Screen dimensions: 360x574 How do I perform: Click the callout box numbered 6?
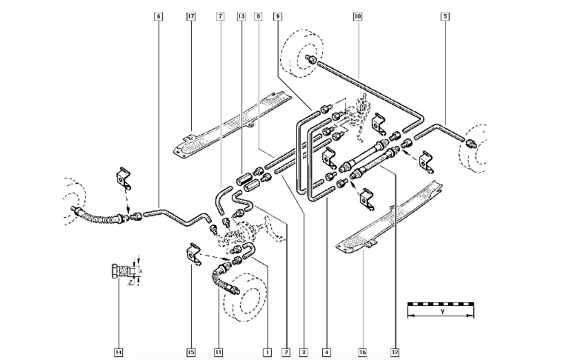pyautogui.click(x=158, y=16)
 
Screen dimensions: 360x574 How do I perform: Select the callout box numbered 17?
pyautogui.click(x=191, y=16)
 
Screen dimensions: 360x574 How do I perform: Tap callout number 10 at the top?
pyautogui.click(x=358, y=16)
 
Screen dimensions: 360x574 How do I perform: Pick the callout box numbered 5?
pyautogui.click(x=444, y=16)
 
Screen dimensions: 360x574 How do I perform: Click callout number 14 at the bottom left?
pyautogui.click(x=119, y=351)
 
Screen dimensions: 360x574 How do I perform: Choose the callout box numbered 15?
pyautogui.click(x=190, y=351)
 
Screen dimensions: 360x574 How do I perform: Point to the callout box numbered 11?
pyautogui.click(x=218, y=351)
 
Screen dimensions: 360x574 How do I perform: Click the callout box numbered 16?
pyautogui.click(x=363, y=351)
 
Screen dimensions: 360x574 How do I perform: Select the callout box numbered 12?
pyautogui.click(x=395, y=351)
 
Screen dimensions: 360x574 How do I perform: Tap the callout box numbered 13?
pyautogui.click(x=241, y=16)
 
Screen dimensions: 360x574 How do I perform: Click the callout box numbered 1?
pyautogui.click(x=266, y=351)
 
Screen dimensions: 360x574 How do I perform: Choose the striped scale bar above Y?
pyautogui.click(x=441, y=304)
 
